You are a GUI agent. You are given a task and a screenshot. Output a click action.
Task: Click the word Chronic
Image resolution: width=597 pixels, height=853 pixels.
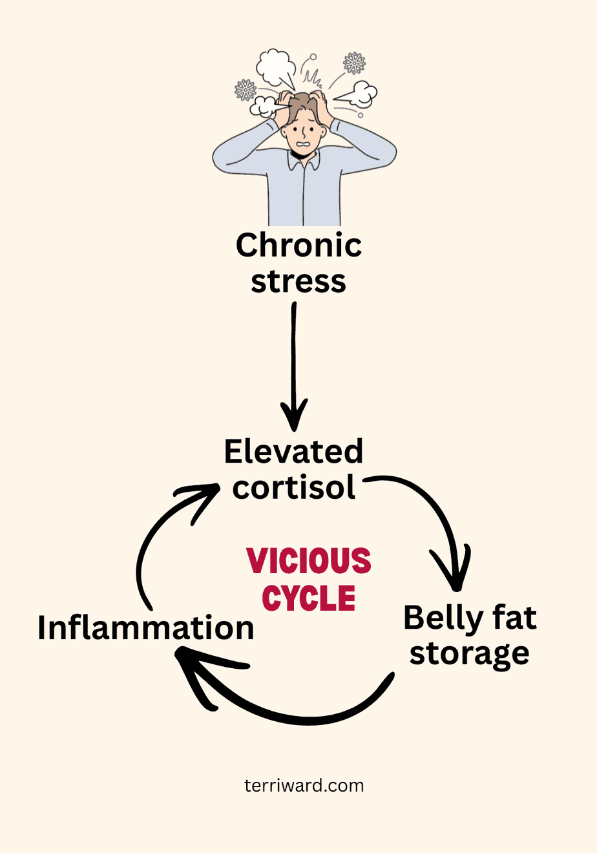click(x=298, y=246)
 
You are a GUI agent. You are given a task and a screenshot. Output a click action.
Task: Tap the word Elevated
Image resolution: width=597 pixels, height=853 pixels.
click(x=293, y=452)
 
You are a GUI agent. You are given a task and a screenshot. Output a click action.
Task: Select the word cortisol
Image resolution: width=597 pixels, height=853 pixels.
click(x=294, y=487)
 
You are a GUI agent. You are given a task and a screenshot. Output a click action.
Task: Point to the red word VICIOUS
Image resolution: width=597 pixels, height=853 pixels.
click(x=309, y=561)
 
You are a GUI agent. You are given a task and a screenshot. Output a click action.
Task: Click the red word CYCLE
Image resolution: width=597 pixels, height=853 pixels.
click(x=309, y=598)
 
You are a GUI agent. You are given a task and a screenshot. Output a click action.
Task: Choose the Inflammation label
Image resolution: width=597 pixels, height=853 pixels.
click(x=146, y=628)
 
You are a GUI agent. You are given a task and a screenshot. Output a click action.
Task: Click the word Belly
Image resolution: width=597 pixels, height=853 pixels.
click(x=439, y=618)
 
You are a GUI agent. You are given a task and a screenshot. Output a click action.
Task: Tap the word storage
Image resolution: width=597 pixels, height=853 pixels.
click(x=469, y=654)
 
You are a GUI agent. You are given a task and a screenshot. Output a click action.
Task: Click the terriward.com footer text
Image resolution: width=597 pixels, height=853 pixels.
click(x=304, y=786)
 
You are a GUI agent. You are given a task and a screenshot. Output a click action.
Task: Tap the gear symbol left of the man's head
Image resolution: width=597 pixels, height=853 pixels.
click(x=246, y=90)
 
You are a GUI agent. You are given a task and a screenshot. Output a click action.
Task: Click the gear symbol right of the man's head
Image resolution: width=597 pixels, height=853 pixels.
click(x=354, y=63)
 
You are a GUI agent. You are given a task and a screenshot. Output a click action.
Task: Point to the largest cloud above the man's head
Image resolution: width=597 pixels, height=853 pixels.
click(x=276, y=67)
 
